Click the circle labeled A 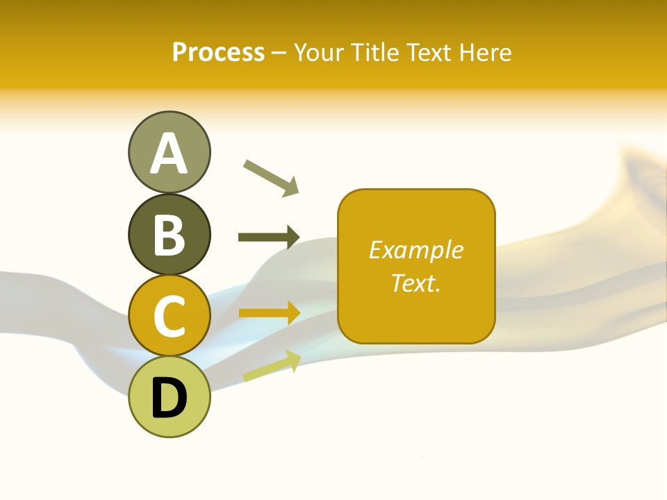169,152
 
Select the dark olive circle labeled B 169,235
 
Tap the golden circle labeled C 169,316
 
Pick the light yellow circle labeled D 169,397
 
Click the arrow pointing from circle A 271,178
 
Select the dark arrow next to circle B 268,237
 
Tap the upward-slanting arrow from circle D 272,367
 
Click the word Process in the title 218,52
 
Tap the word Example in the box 415,250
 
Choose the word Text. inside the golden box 415,283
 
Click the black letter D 169,399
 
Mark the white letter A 169,153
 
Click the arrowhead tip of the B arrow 298,237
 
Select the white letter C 169,317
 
